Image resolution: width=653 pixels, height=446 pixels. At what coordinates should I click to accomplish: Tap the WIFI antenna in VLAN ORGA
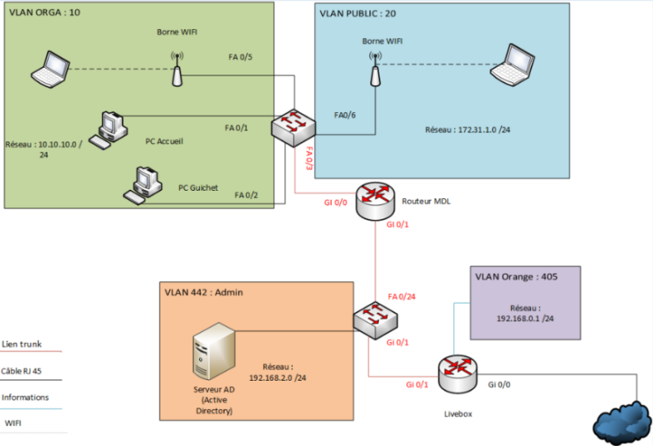pos(176,70)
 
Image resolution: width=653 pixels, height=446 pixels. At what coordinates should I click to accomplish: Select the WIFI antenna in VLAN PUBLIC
pos(375,70)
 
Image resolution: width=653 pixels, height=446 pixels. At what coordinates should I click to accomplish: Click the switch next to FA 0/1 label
pos(293,127)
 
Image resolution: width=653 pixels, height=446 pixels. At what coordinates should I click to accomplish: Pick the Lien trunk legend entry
pos(22,343)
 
